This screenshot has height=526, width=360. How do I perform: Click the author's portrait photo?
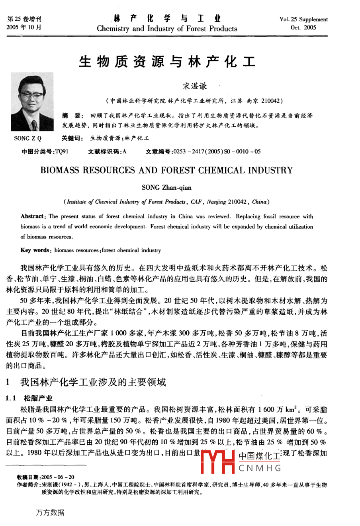[33, 102]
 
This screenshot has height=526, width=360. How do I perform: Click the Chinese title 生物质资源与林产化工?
[167, 62]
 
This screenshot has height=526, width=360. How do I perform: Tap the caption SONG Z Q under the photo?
[28, 138]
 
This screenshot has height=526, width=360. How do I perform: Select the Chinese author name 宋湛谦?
[195, 86]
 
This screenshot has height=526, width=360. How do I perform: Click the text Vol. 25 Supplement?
[303, 19]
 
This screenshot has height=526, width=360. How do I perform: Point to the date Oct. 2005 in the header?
[303, 27]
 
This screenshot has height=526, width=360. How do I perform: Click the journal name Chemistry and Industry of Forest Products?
[167, 29]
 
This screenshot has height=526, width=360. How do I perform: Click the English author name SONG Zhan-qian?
[166, 187]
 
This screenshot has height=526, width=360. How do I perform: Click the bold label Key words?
[35, 250]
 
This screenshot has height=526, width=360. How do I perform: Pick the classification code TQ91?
[62, 151]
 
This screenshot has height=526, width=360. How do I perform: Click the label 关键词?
[72, 138]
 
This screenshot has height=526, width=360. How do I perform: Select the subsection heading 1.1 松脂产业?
[29, 398]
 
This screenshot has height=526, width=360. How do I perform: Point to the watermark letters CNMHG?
[260, 468]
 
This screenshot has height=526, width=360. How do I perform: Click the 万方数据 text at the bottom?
[50, 512]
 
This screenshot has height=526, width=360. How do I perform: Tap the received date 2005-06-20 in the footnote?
[60, 477]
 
